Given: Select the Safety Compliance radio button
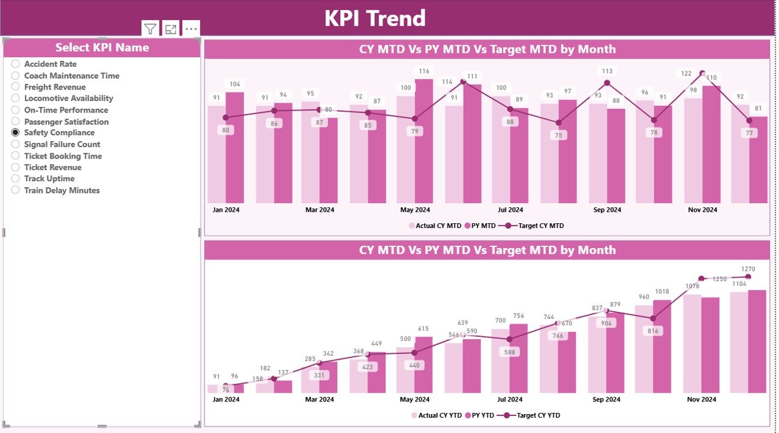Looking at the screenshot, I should (16, 133).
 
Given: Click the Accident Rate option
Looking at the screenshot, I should (50, 64).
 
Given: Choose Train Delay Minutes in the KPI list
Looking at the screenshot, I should (61, 190).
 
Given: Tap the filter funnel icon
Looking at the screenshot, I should (150, 29).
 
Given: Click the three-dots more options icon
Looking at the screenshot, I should (191, 29).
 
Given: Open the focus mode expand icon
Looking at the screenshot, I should (171, 29).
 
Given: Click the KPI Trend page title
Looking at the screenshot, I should (374, 18).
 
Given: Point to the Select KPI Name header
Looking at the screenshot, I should (102, 47).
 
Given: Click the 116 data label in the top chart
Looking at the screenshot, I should (424, 71).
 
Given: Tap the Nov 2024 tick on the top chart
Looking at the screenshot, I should (702, 210).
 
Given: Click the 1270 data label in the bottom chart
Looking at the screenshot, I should (748, 269).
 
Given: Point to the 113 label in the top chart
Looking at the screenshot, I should (607, 71).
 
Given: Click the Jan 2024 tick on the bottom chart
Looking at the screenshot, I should (226, 400).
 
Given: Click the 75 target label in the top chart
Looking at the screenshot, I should (559, 136).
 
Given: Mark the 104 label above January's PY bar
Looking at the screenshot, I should (234, 84).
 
